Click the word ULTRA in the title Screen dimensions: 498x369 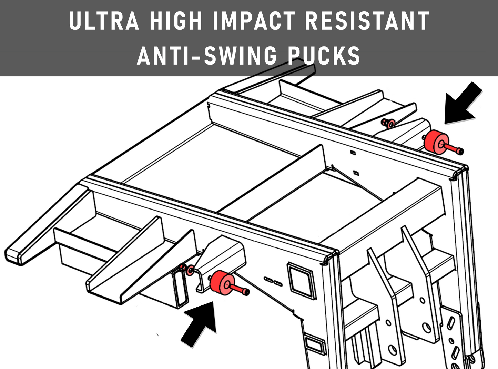tap(104, 20)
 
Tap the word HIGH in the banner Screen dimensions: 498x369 tap(176, 20)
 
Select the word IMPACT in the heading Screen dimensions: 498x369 tap(254, 20)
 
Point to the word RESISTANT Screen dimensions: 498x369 tap(367, 20)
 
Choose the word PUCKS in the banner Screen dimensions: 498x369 tap(324, 55)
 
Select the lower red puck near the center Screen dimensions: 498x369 tap(222, 282)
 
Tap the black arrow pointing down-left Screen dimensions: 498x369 tap(463, 103)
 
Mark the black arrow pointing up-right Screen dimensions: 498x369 tap(199, 324)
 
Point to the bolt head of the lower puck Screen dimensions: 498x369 tap(246, 292)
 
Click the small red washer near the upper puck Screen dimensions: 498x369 tap(391, 124)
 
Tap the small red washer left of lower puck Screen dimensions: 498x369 tap(191, 270)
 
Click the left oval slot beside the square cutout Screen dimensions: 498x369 tap(268, 280)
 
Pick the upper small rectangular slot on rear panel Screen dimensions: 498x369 tap(353, 153)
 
